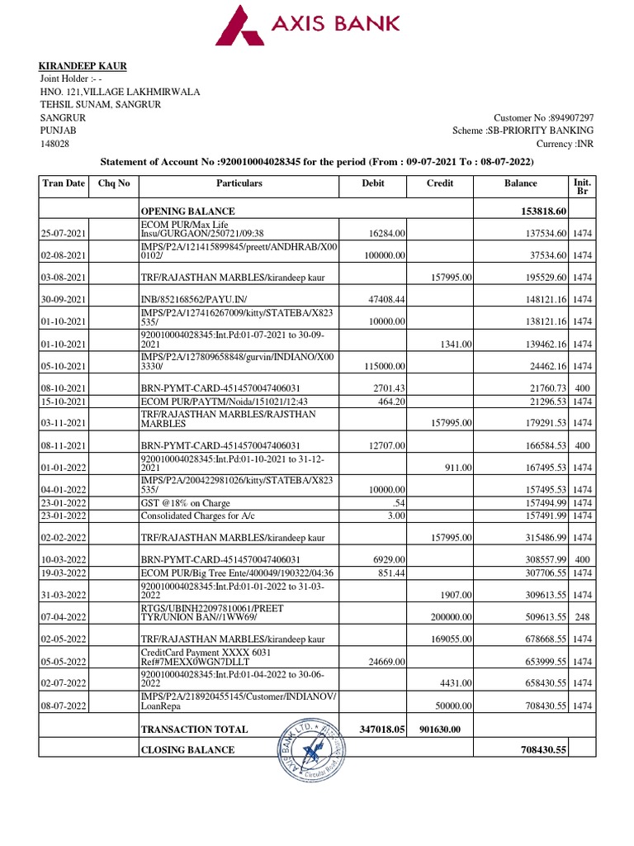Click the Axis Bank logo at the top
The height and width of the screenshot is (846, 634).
[308, 26]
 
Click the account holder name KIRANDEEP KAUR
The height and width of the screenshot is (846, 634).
[83, 66]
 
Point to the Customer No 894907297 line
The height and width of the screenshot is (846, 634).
[543, 118]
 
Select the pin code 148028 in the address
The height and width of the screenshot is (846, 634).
[55, 144]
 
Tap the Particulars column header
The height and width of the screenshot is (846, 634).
[239, 183]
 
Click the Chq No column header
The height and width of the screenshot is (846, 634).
[114, 183]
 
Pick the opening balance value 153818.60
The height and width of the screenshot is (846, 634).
[539, 211]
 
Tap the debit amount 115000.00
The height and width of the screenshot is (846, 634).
[381, 366]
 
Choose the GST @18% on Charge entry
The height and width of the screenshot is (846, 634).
[186, 503]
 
